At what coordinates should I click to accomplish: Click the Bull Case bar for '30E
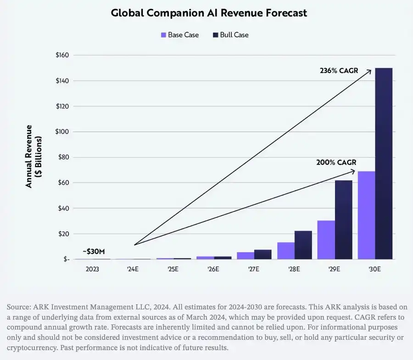click(x=384, y=163)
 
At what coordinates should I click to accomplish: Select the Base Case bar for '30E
click(x=366, y=215)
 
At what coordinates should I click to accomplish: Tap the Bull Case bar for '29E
click(x=343, y=219)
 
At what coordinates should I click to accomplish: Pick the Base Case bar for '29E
click(x=326, y=240)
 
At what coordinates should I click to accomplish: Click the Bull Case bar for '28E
click(x=303, y=245)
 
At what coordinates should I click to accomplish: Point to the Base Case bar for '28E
click(x=285, y=251)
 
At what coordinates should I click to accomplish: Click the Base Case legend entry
click(x=179, y=35)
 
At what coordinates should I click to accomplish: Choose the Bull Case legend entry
click(x=230, y=35)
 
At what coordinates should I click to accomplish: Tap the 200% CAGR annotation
click(x=336, y=163)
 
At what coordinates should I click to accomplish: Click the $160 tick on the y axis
click(x=62, y=55)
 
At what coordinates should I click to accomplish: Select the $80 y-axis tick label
click(x=63, y=157)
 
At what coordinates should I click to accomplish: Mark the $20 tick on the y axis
click(x=63, y=234)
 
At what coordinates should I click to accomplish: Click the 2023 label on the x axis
click(x=92, y=269)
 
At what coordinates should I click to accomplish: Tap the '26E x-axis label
click(x=213, y=269)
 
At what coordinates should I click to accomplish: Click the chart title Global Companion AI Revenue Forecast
click(x=209, y=13)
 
